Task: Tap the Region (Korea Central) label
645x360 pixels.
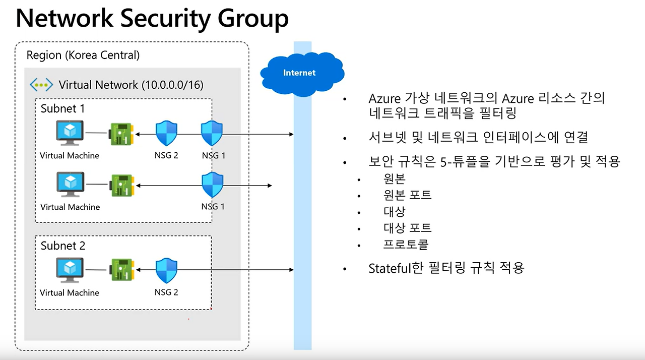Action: pyautogui.click(x=83, y=55)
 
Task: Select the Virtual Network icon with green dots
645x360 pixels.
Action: pyautogui.click(x=41, y=85)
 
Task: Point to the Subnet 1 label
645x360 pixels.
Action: pyautogui.click(x=63, y=108)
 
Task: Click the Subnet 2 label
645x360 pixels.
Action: pyautogui.click(x=63, y=246)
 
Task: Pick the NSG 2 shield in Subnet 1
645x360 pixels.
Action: pyautogui.click(x=166, y=134)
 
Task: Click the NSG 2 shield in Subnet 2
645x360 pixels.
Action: pyautogui.click(x=166, y=271)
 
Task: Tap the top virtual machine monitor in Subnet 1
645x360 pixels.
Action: pyautogui.click(x=70, y=133)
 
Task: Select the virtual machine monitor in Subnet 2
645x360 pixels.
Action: pyautogui.click(x=70, y=270)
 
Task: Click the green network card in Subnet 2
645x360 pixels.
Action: pyautogui.click(x=121, y=270)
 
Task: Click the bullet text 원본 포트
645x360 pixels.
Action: pyautogui.click(x=407, y=195)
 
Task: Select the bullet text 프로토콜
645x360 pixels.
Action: pyautogui.click(x=406, y=245)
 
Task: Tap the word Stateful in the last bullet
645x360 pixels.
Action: pyautogui.click(x=390, y=268)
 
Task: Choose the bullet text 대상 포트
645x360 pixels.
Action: pyautogui.click(x=407, y=228)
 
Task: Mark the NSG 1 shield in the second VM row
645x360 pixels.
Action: pyautogui.click(x=212, y=185)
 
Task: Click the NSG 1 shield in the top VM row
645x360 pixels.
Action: pyautogui.click(x=212, y=134)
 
